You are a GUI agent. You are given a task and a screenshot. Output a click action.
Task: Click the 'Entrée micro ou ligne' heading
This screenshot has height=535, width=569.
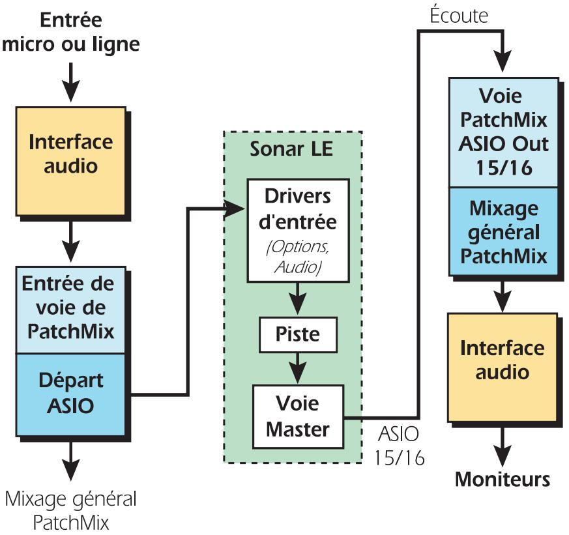point(71,32)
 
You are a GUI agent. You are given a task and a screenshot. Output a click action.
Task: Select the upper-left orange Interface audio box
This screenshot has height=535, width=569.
point(70,154)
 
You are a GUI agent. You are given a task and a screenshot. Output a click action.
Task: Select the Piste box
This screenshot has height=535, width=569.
point(298,334)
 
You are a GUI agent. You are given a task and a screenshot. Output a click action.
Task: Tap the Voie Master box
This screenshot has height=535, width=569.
point(298,416)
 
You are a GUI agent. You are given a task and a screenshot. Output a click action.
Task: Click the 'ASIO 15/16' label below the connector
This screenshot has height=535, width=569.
point(399,445)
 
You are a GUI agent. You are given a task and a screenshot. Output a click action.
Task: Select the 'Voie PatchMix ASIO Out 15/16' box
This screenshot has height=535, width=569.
point(503,132)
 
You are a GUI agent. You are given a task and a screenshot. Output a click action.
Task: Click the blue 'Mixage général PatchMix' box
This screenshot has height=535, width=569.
point(503,232)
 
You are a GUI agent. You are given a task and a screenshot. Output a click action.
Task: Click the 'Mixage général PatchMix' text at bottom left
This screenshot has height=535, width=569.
point(71,512)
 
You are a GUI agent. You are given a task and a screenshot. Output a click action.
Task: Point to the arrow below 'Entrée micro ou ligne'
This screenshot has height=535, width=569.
point(71,81)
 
